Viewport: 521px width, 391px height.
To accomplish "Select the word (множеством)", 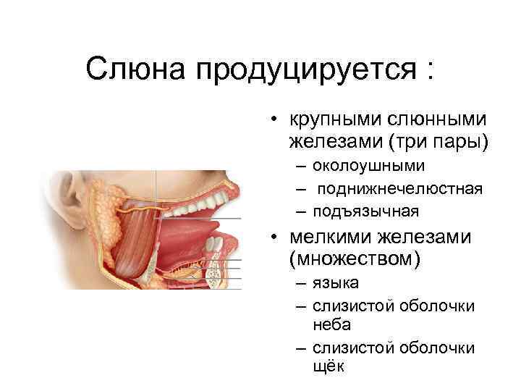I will point(344,258).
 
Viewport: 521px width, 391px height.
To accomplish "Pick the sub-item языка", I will point(336,282).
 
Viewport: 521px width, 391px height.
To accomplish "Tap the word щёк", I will point(329,367).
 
